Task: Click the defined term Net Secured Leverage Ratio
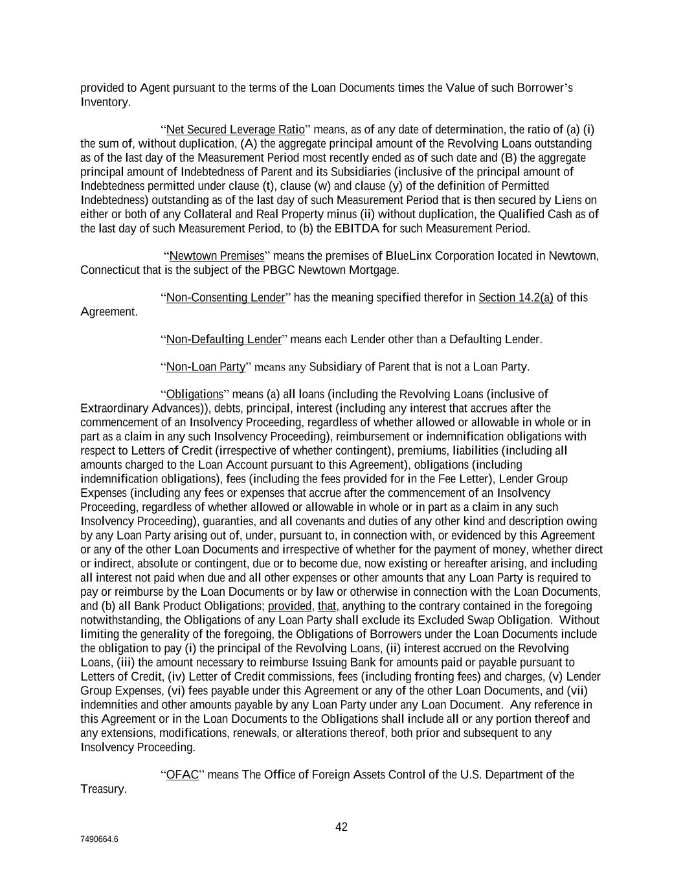[x=235, y=130]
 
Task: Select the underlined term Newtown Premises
[x=217, y=256]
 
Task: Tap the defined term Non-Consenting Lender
[x=225, y=298]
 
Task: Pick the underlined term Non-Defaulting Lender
[x=224, y=339]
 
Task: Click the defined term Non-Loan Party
[x=206, y=367]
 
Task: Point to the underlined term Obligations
[x=195, y=394]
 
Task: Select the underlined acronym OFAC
[x=183, y=775]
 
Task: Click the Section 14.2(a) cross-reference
[x=515, y=298]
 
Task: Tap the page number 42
[x=341, y=827]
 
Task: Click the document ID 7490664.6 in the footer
[x=99, y=839]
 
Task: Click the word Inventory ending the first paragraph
[x=105, y=102]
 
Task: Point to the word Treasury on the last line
[x=103, y=789]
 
